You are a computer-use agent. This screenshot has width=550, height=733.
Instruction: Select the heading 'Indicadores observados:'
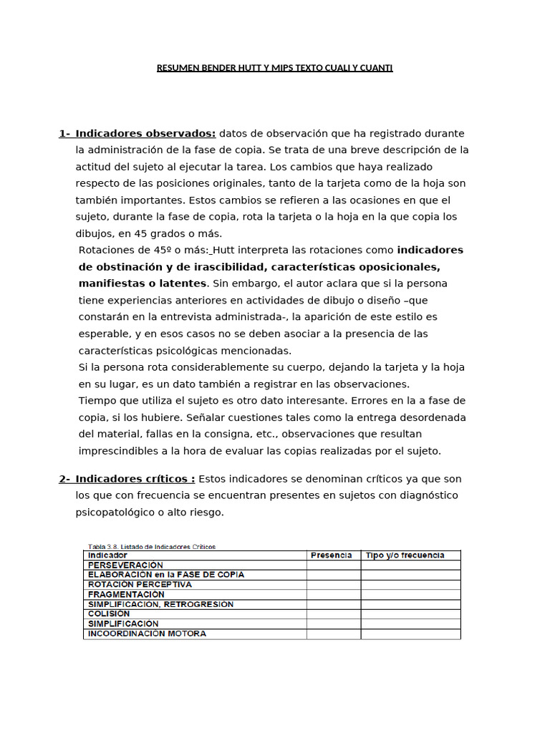point(145,133)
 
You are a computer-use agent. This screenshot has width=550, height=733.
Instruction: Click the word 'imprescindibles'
point(119,450)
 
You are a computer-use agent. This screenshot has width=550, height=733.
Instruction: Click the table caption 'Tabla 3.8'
point(105,546)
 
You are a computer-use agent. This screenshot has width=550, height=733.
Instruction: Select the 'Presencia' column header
point(331,555)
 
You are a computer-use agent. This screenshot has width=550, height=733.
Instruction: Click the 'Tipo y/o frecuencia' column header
point(405,555)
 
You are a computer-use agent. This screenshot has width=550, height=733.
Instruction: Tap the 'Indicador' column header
point(107,555)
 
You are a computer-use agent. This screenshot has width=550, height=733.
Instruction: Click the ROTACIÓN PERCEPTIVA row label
point(140,584)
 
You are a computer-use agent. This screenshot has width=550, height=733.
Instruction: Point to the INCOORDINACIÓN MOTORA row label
point(147,634)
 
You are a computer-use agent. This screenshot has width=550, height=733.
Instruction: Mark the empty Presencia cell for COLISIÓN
point(333,613)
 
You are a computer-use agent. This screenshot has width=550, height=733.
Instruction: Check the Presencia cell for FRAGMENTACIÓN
point(333,594)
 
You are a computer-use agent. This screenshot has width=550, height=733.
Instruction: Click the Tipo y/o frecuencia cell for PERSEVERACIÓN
point(410,565)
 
